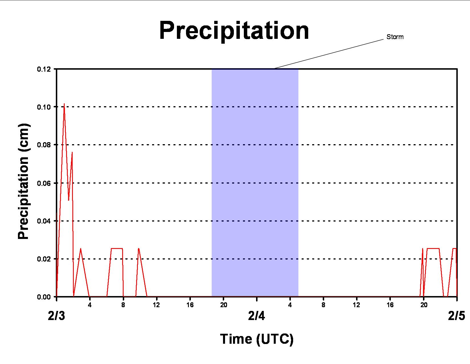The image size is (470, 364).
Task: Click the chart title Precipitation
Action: coord(234,31)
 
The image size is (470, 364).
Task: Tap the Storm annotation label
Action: coord(395,37)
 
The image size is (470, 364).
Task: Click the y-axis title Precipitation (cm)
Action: coord(23,182)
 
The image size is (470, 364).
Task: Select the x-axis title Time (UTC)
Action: coord(257,339)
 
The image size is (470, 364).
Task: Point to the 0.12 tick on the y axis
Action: coord(44,69)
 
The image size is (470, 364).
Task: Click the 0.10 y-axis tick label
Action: coord(44,107)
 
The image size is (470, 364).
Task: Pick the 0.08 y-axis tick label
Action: coord(44,145)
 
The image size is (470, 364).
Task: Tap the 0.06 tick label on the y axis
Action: coord(44,183)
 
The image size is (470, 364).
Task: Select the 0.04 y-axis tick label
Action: coord(44,221)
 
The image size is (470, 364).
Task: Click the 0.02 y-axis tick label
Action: coord(44,259)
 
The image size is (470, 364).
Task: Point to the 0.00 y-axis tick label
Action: coord(44,297)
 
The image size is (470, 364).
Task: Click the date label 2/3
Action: coord(56,316)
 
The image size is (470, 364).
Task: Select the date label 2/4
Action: coord(257,316)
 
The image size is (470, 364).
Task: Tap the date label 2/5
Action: coord(456,316)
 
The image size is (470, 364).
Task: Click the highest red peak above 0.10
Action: coord(64,104)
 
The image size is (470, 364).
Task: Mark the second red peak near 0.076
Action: coord(72,152)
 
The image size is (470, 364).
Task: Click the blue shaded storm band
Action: coord(255,182)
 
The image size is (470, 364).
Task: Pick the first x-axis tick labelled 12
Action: coord(156,305)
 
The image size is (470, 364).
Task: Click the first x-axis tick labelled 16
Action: coord(190,305)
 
